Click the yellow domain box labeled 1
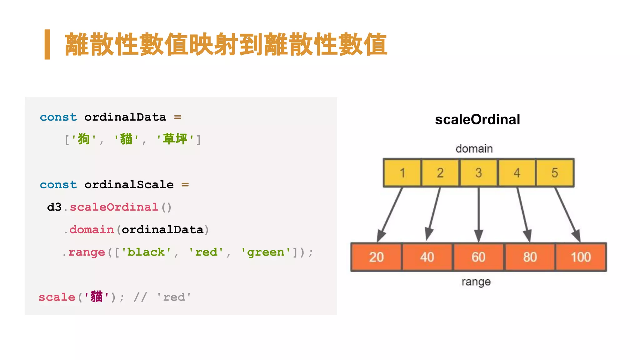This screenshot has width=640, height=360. pos(402,173)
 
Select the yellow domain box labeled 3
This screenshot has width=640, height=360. pos(478,173)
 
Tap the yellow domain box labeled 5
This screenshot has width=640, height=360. pos(555,173)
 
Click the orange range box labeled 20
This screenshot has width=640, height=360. pos(376,257)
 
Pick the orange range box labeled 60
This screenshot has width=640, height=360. pos(478,257)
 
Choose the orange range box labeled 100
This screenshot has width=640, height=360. pos(581,257)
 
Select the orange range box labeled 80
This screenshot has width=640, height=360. pos(530,257)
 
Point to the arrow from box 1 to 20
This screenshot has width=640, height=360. pos(390,214)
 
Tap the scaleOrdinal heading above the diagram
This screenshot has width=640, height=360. pos(477,120)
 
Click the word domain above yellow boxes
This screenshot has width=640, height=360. pos(474,149)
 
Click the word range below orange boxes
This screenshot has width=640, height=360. pos(476,282)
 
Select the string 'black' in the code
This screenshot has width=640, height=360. pos(146,252)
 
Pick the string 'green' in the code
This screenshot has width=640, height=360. pos(266,252)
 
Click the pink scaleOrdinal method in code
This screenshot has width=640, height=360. pos(114,207)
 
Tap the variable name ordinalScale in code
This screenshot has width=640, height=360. pos(129,185)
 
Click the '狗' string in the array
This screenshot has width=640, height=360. pos(83,139)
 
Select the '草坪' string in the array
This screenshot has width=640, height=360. pos(175,139)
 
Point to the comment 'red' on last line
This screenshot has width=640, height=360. pos(174,297)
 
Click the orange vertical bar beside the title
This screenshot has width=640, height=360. pos(47,44)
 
